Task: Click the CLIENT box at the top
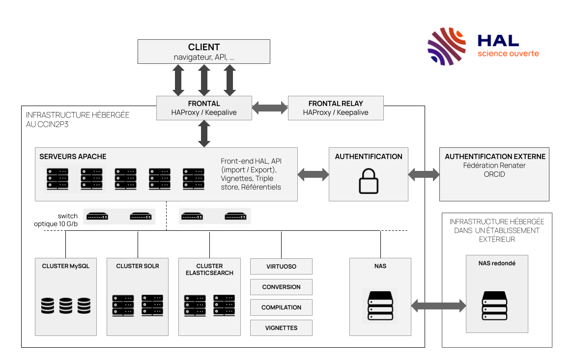(203, 52)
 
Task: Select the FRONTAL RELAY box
(335, 108)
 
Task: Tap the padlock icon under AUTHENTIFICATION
(369, 182)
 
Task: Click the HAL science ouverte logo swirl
(446, 47)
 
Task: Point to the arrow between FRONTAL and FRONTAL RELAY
(270, 108)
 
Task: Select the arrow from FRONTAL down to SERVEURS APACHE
(204, 134)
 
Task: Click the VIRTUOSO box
(281, 267)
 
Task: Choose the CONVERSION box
(281, 287)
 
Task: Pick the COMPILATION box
(281, 307)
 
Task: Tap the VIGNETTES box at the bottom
(281, 328)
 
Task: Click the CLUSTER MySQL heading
(66, 266)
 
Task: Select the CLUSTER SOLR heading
(138, 266)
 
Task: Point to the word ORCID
(494, 174)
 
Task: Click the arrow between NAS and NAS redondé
(438, 306)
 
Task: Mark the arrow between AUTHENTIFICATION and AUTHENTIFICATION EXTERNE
(424, 174)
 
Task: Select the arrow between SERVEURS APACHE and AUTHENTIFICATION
(313, 174)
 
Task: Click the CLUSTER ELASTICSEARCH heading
(209, 270)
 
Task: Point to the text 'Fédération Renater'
(494, 166)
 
